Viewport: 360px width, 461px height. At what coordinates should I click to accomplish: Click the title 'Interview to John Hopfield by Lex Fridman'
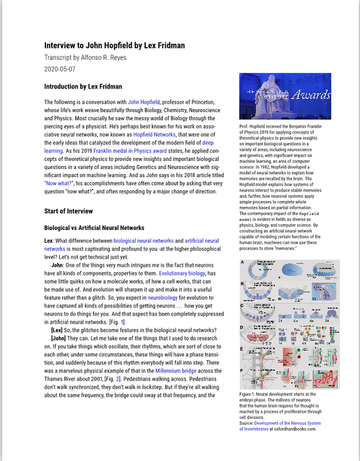tap(114, 46)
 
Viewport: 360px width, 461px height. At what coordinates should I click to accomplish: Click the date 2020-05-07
tap(60, 69)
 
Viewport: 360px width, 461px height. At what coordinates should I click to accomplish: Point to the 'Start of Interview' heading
tap(71, 211)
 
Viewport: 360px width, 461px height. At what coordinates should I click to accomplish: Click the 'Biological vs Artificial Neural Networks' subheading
tap(94, 228)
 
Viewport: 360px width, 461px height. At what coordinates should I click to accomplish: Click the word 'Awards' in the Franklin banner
tap(310, 95)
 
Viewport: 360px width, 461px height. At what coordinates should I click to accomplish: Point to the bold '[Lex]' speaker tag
tap(58, 330)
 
